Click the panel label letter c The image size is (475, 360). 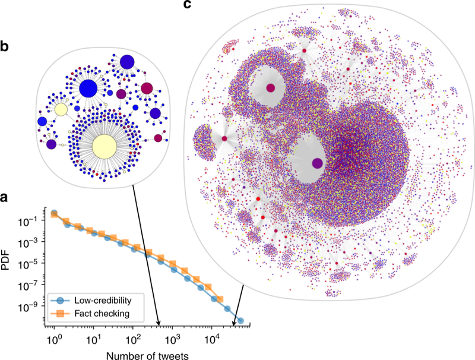pos(188,5)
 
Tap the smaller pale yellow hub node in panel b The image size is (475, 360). pos(61,110)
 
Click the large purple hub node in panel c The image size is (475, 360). pos(317,162)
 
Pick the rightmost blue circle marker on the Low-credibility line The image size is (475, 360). pos(240,320)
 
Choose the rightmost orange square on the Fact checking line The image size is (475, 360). pos(220,299)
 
